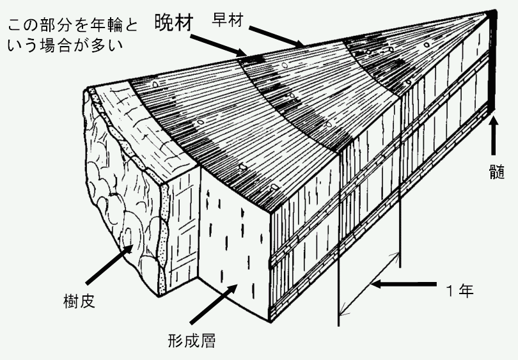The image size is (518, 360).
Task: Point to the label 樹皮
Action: pos(80,301)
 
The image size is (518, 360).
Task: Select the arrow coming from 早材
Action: pos(276,36)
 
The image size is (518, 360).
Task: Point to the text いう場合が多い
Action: pos(65,45)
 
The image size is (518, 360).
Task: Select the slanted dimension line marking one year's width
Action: pos(370,283)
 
